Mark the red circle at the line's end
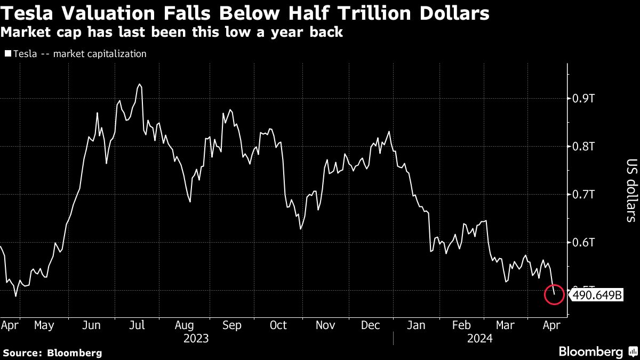pos(554,294)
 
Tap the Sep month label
pos(232,325)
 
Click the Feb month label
pos(461,325)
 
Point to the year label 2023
pos(196,338)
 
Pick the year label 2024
pos(479,338)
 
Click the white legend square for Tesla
pos(7,54)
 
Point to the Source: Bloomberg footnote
pos(52,353)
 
